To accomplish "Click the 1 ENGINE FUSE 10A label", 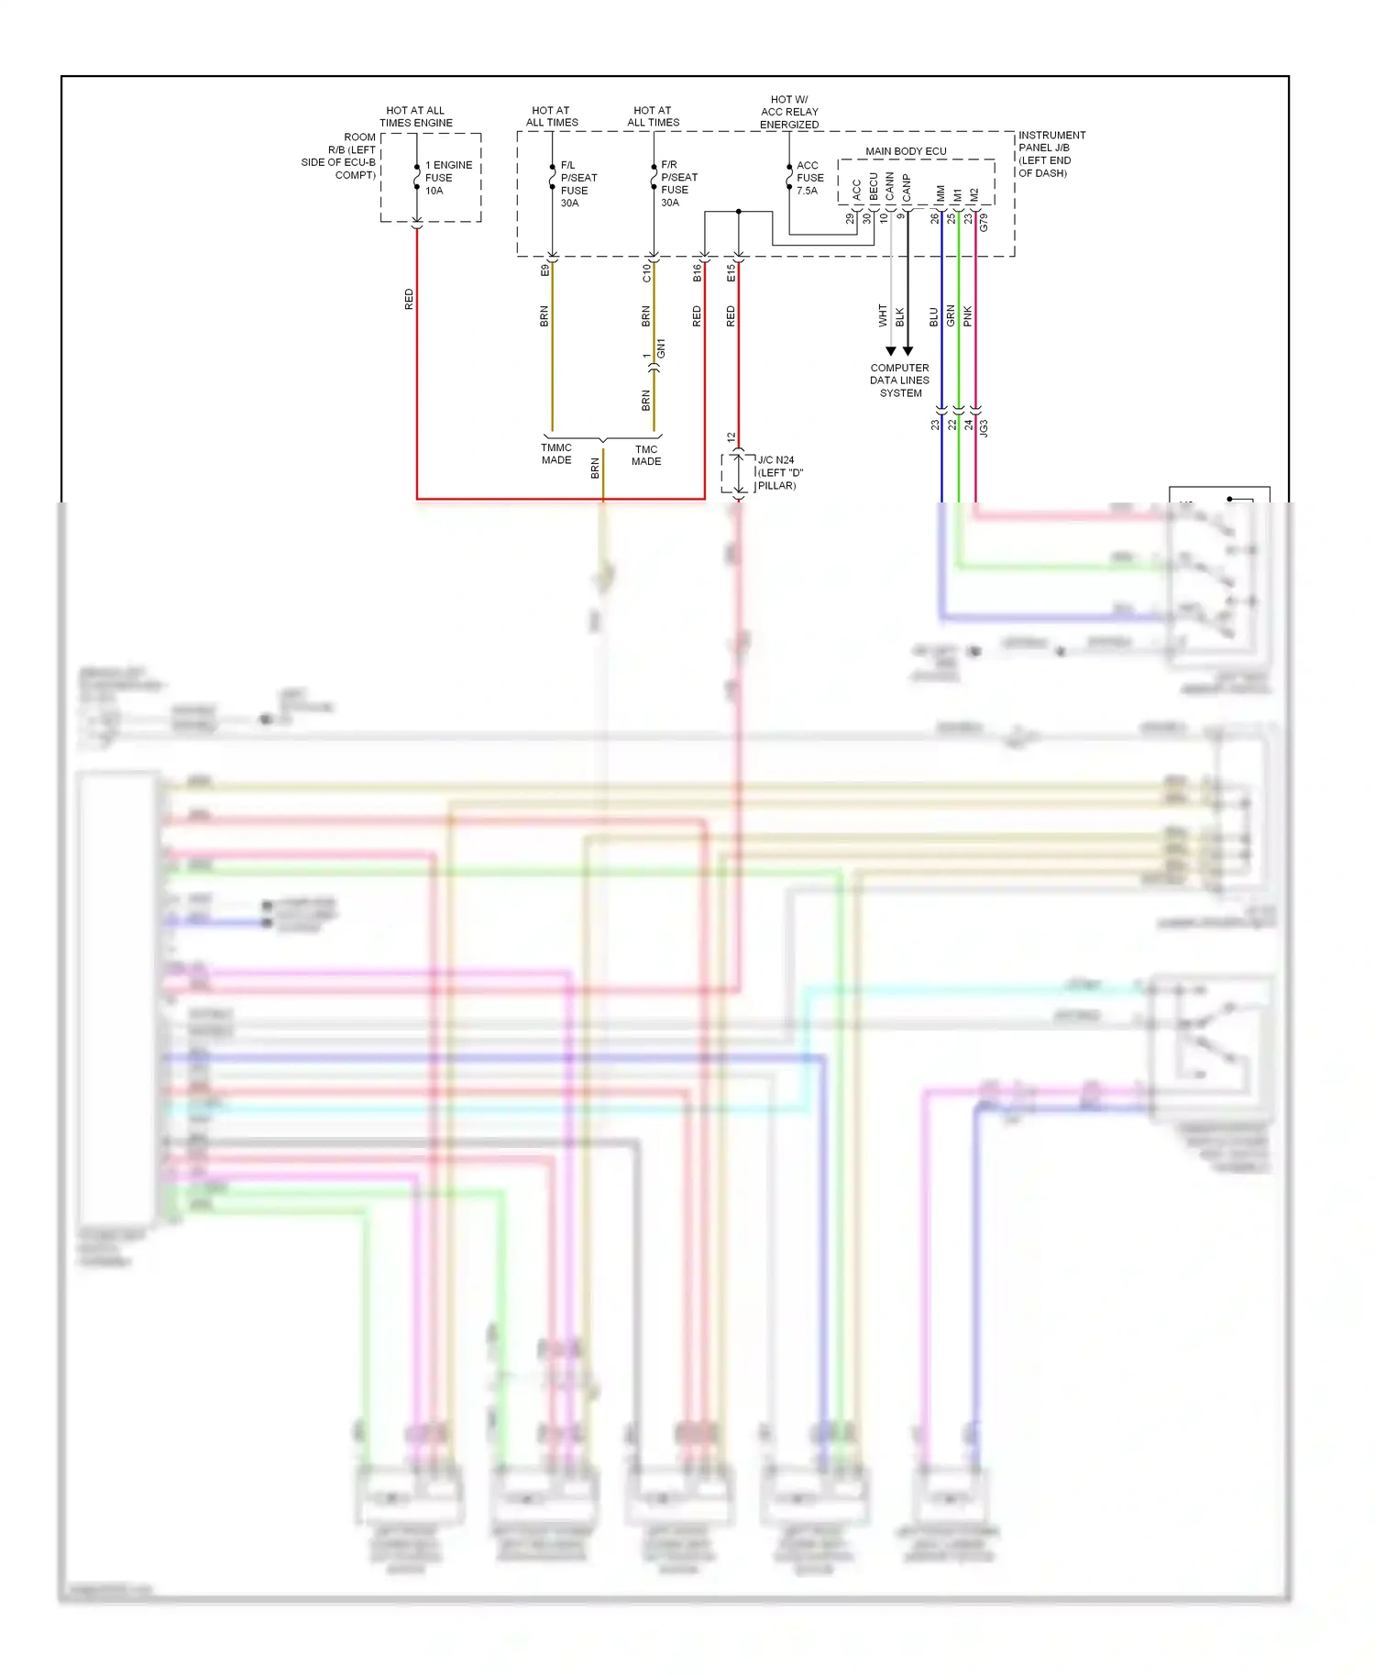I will click(x=447, y=178).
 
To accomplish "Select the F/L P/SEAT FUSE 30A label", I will click(x=577, y=184).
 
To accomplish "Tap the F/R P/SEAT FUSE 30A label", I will click(x=678, y=183).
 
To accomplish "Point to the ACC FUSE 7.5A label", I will click(x=809, y=178).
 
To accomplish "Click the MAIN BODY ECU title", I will click(x=906, y=151).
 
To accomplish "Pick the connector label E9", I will click(x=544, y=270).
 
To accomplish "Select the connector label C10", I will click(x=646, y=272).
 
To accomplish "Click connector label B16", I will click(x=697, y=272).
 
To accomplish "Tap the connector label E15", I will click(x=731, y=272).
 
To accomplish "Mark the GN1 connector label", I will click(x=661, y=348).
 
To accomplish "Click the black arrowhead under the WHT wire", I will click(x=890, y=351).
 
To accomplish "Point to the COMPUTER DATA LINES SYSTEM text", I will click(x=899, y=380).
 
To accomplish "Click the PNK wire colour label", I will click(x=968, y=317).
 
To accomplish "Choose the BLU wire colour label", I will click(x=934, y=317).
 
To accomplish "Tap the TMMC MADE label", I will click(x=556, y=454).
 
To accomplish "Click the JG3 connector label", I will click(x=984, y=427).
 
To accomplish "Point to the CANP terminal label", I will click(x=907, y=188).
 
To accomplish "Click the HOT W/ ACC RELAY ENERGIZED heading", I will click(x=789, y=112).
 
